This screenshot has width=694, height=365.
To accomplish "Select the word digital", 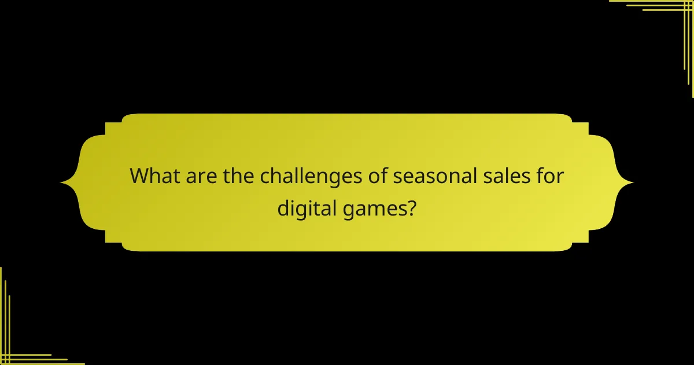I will tap(303, 207).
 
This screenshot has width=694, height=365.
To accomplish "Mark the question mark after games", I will tap(410, 206).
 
